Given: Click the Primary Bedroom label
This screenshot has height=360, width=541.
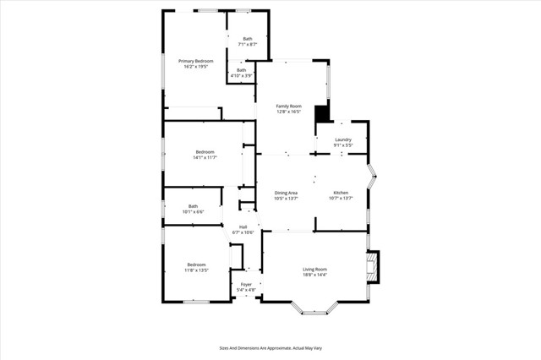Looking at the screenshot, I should click(195, 61).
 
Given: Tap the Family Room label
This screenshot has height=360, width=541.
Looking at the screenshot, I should click(288, 106).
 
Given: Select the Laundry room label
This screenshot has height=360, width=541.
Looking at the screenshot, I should click(342, 139).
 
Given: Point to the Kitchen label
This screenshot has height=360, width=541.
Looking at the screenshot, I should click(340, 193).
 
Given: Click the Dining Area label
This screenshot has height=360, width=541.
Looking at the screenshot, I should click(286, 193).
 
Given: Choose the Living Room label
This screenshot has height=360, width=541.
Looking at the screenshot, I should click(314, 270).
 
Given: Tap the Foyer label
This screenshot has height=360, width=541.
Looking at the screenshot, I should click(246, 285).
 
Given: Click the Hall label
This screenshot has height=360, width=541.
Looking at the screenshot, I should click(243, 226).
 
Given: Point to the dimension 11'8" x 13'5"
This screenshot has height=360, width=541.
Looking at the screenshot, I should click(195, 270).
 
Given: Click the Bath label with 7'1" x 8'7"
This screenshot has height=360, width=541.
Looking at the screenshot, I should click(248, 39).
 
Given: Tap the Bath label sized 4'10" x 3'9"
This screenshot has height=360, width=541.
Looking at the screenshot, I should click(241, 70).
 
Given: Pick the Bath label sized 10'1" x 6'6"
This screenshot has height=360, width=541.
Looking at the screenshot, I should click(193, 206).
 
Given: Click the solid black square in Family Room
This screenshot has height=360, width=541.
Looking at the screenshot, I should click(321, 115).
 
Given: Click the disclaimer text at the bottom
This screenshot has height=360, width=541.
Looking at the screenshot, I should click(270, 347).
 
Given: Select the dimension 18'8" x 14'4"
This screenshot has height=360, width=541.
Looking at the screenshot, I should click(314, 275).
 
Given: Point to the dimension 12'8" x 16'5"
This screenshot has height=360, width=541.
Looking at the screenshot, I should click(288, 112).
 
